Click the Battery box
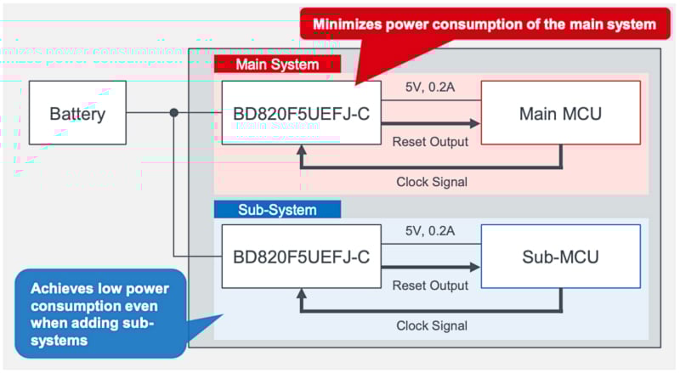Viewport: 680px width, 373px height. (77, 112)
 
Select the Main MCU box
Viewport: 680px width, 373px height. (560, 112)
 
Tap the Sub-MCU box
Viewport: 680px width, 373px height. (560, 256)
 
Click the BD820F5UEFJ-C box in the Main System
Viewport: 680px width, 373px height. (301, 112)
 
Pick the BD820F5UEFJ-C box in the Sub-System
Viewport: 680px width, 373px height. (301, 256)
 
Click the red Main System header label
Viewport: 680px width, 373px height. (277, 65)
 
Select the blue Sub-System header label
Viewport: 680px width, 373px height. (277, 209)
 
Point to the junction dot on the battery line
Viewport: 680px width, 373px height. (174, 112)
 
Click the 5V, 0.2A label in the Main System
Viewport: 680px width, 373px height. (430, 88)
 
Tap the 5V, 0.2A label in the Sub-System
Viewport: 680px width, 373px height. (430, 230)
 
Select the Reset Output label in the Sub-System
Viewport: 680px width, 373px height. (430, 285)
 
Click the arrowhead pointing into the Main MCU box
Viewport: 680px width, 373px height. (474, 123)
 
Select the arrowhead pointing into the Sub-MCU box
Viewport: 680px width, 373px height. (474, 267)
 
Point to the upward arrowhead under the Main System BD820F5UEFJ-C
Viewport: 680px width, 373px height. (301, 151)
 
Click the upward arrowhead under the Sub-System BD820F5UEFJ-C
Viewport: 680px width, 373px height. (301, 295)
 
